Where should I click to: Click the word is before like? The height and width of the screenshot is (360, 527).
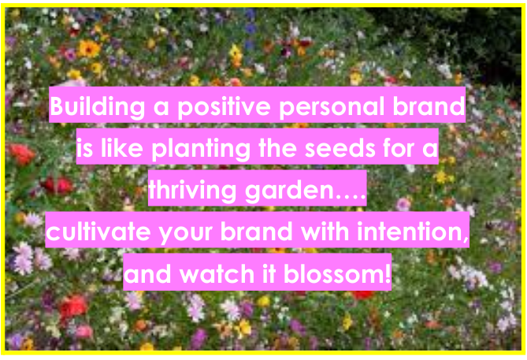[x=87, y=148]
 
